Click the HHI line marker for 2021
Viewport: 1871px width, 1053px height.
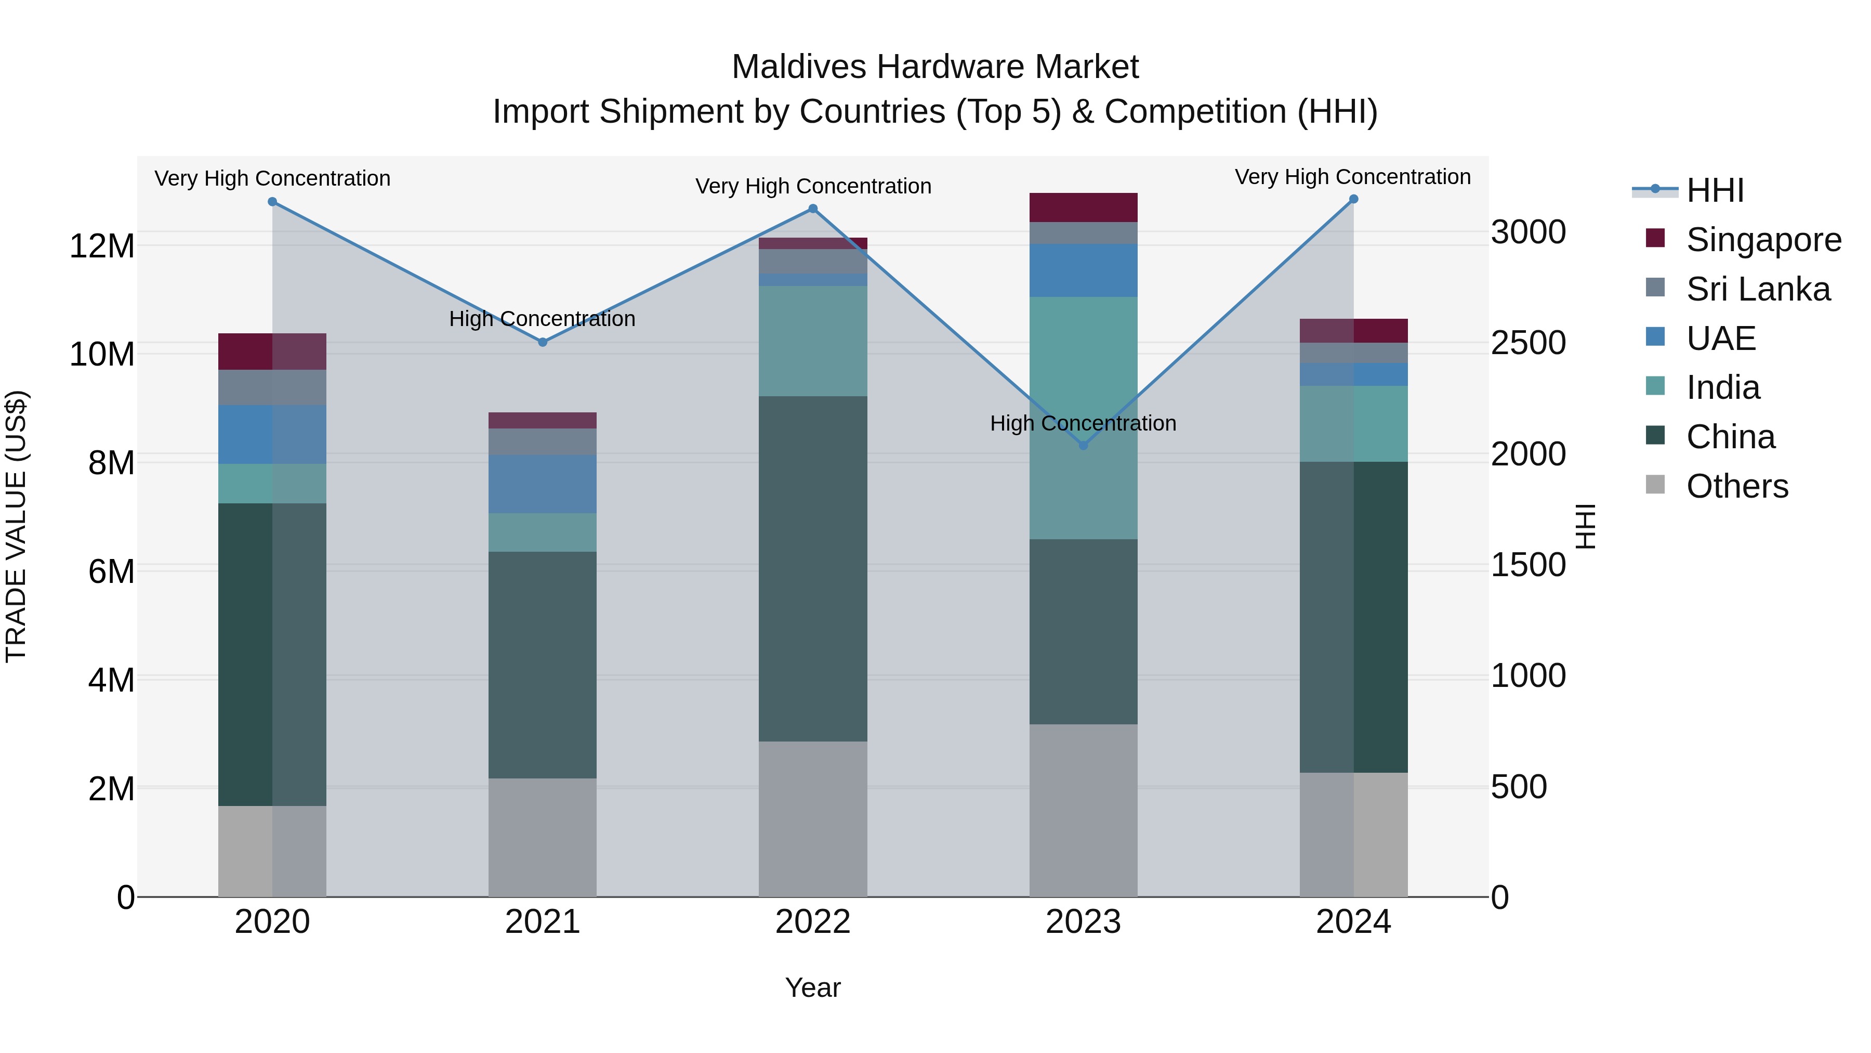coord(542,342)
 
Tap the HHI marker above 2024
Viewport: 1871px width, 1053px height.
coord(1353,199)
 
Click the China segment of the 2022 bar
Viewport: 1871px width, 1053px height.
coord(813,568)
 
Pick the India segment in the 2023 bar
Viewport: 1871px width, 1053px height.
coord(1083,418)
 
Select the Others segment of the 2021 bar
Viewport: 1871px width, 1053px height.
coord(542,837)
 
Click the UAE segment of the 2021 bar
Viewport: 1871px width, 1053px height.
coord(542,484)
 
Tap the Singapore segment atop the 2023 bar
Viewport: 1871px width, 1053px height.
coord(1083,207)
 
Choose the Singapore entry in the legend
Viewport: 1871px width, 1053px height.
coord(1763,240)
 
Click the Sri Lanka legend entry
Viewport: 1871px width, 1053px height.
coord(1758,289)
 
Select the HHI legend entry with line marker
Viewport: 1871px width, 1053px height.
coord(1714,190)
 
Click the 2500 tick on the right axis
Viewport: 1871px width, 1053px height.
coord(1528,343)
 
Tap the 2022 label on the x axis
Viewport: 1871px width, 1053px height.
coord(813,922)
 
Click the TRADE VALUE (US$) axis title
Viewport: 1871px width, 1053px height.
coord(16,526)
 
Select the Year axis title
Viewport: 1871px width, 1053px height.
coord(813,987)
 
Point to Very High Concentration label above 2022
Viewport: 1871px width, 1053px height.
coord(813,186)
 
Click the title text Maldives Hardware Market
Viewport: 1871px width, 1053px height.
coord(935,67)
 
